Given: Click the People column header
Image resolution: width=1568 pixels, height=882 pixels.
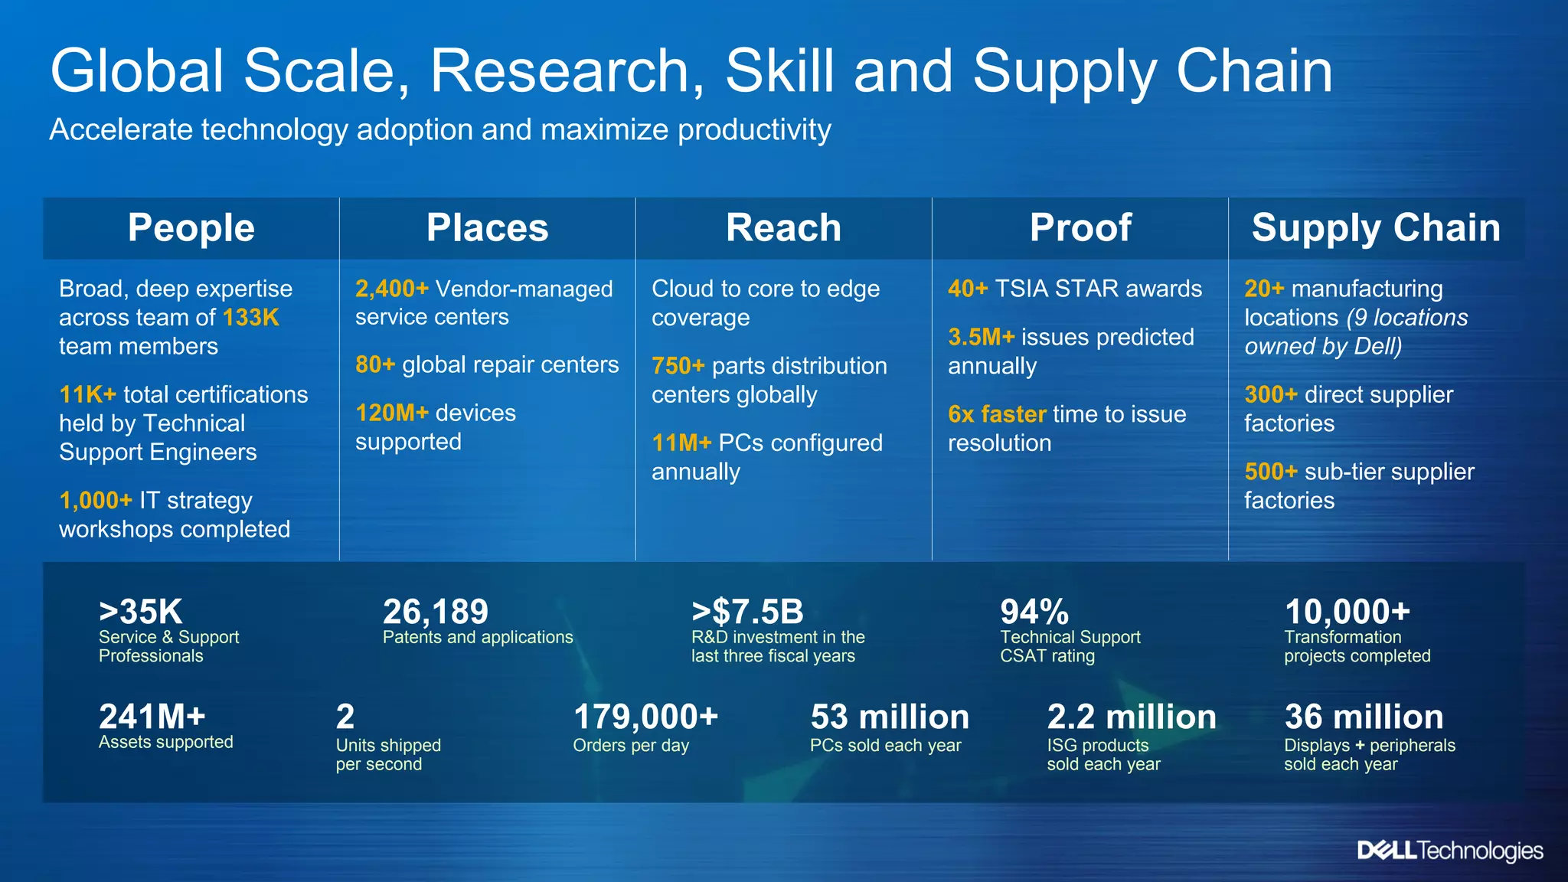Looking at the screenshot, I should click(x=191, y=228).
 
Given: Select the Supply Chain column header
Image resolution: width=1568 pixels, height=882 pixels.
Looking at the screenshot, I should click(x=1376, y=228).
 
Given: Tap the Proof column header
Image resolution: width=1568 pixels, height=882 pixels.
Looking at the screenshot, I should click(x=1080, y=228).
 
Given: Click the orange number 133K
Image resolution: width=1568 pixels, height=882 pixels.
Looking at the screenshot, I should click(x=250, y=318).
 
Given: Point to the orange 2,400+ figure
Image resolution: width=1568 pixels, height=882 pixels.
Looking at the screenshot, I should click(x=391, y=289).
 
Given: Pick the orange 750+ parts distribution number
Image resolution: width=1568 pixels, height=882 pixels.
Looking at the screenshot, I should click(x=678, y=366).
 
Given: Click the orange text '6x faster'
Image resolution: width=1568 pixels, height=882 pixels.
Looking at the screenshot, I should click(x=997, y=414).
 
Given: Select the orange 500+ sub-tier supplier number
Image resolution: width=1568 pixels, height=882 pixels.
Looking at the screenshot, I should click(x=1270, y=472).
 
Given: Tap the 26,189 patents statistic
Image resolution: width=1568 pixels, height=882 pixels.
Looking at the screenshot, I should click(x=435, y=612).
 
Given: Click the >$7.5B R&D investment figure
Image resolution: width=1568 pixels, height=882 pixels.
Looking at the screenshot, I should click(x=747, y=612).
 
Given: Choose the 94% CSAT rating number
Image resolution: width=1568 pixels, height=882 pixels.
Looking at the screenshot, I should click(x=1034, y=612).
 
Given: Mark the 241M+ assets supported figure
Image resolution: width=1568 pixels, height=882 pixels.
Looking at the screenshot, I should click(x=152, y=717).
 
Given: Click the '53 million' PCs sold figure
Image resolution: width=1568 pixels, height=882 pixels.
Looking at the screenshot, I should click(x=890, y=717).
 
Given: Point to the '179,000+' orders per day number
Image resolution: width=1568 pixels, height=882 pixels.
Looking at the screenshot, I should click(x=645, y=717).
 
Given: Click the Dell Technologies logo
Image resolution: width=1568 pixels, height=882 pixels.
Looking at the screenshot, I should click(x=1449, y=851).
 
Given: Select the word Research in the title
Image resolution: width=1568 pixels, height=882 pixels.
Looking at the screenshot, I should click(x=567, y=71).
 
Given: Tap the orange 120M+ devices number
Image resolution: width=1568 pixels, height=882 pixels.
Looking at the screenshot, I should click(x=391, y=413).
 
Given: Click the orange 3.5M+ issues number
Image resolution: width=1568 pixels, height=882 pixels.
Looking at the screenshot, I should click(x=981, y=337).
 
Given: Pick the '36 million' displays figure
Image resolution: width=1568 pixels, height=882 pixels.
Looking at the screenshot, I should click(x=1364, y=717).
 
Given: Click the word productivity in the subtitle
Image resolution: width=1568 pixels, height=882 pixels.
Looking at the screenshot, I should click(x=754, y=129).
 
